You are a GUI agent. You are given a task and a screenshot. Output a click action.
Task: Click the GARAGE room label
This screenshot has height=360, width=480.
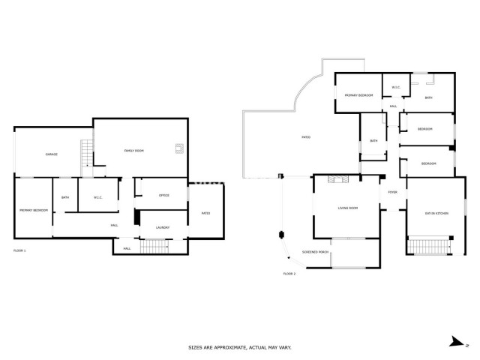coord(51,154)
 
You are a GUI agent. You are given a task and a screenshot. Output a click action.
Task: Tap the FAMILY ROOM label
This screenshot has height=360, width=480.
coord(133,151)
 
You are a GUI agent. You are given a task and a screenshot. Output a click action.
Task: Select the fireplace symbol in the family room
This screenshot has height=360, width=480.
coord(178,148)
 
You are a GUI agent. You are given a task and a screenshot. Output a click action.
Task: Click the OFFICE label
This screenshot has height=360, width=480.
coord(163,196)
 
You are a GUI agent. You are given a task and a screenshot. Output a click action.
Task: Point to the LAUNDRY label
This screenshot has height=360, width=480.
coord(163,227)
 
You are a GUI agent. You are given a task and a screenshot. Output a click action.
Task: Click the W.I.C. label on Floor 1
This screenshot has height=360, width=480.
coord(97,198)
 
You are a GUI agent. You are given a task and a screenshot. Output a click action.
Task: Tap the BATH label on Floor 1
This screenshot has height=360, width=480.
coord(65,198)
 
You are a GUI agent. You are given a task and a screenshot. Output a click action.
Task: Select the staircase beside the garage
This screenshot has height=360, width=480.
coord(86,152)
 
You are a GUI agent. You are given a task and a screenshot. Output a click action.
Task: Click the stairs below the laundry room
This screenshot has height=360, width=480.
coord(155,247)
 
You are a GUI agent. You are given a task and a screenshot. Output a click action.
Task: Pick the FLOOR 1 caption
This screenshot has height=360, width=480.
coord(19,249)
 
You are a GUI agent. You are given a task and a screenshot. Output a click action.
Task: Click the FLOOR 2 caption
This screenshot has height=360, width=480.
coord(289,274)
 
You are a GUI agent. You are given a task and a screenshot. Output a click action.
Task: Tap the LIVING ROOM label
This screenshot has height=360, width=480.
coord(347,208)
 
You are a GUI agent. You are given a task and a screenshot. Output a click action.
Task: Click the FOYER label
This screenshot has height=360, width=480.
coord(391,193)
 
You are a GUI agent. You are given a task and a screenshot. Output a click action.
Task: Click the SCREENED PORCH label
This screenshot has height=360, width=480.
coord(315,252)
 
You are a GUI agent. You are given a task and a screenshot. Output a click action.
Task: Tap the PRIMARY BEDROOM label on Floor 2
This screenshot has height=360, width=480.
coord(358,96)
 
